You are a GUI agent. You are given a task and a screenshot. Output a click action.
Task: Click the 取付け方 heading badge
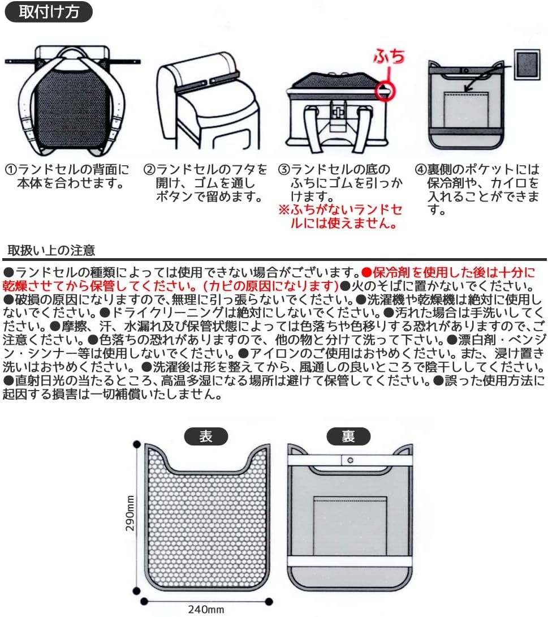(x=49, y=12)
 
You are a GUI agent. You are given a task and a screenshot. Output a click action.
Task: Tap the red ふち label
(x=389, y=57)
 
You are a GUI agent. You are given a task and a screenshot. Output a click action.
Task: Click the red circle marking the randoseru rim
(x=385, y=91)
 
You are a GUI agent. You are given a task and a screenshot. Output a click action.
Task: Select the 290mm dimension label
(x=130, y=513)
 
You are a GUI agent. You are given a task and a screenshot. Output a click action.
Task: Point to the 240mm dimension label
(x=206, y=610)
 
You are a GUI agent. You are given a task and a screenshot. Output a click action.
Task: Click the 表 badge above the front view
(x=206, y=436)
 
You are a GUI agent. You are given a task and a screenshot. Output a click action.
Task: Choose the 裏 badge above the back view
(x=348, y=436)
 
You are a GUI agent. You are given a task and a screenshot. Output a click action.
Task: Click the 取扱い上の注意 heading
(x=51, y=250)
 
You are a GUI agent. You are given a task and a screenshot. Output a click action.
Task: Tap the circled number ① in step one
(x=11, y=170)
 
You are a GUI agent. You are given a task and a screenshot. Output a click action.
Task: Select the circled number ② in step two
(x=149, y=170)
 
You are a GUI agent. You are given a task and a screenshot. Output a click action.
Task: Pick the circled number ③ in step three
(x=284, y=170)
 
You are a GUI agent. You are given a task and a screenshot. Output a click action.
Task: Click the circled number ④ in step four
(x=421, y=170)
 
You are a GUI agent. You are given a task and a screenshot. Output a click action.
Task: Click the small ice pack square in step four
(x=527, y=65)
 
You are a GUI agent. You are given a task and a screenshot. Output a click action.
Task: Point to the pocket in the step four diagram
(x=466, y=110)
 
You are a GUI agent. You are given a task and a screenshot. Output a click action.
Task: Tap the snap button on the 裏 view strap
(x=350, y=460)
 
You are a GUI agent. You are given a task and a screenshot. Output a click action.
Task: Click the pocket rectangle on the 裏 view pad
(x=350, y=526)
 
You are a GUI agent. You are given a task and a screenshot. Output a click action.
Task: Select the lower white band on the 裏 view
(x=350, y=561)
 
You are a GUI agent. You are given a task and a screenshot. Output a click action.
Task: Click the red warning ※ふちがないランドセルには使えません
(x=340, y=216)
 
